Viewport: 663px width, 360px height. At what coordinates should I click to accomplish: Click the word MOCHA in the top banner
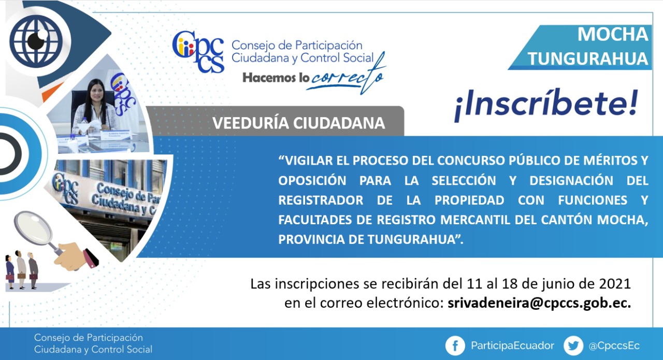pyautogui.click(x=613, y=34)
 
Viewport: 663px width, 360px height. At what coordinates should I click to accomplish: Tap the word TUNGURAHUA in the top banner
pyautogui.click(x=588, y=59)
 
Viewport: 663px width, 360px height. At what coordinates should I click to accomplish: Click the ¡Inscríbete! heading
pyautogui.click(x=546, y=105)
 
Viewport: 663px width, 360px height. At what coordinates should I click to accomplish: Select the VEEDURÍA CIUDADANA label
pyautogui.click(x=298, y=123)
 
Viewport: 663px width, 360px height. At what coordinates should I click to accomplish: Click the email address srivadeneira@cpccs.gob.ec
pyautogui.click(x=539, y=303)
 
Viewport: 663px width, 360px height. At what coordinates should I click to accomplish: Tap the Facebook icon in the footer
pyautogui.click(x=455, y=345)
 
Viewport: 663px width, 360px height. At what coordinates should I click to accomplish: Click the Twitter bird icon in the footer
pyautogui.click(x=573, y=345)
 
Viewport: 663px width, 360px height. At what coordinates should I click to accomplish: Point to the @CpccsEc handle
pyautogui.click(x=614, y=346)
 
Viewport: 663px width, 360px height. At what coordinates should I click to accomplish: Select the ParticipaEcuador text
pyautogui.click(x=512, y=346)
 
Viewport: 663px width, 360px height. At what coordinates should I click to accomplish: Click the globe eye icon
pyautogui.click(x=36, y=41)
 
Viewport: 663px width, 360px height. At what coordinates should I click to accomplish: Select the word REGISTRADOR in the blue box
pyautogui.click(x=321, y=200)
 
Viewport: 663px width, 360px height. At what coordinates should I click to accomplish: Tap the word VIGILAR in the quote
pyautogui.click(x=308, y=161)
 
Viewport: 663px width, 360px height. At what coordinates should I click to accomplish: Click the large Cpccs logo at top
pyautogui.click(x=198, y=52)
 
